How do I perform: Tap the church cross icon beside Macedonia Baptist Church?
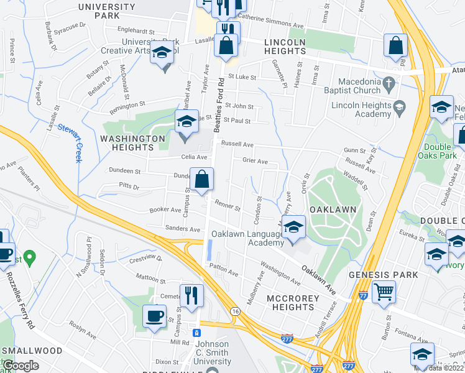pyautogui.click(x=389, y=83)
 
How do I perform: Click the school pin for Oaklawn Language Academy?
pyautogui.click(x=293, y=228)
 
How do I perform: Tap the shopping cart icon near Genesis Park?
pyautogui.click(x=384, y=290)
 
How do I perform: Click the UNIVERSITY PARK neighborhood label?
pyautogui.click(x=106, y=11)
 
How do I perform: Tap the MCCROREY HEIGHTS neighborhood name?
pyautogui.click(x=293, y=304)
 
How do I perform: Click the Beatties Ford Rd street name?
pyautogui.click(x=218, y=106)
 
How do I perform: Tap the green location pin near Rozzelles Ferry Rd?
pyautogui.click(x=29, y=256)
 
